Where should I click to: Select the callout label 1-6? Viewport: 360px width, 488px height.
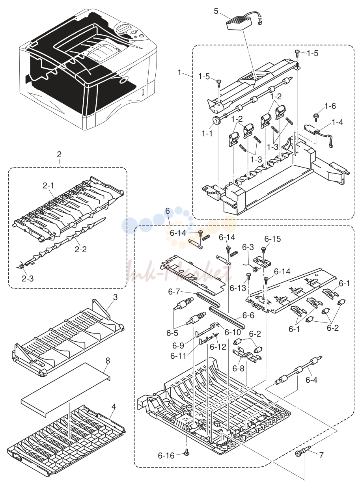pyautogui.click(x=330, y=106)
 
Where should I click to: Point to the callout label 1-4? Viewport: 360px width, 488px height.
pyautogui.click(x=338, y=122)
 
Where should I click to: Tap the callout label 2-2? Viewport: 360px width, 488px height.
pyautogui.click(x=80, y=249)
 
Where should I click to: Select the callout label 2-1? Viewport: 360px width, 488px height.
pyautogui.click(x=48, y=186)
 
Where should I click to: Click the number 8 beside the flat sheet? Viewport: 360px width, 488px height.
pyautogui.click(x=108, y=361)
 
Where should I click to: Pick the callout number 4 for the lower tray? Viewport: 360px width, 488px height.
pyautogui.click(x=113, y=406)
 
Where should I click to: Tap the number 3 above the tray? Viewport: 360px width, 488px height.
pyautogui.click(x=115, y=297)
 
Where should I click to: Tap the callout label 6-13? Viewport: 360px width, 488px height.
pyautogui.click(x=238, y=288)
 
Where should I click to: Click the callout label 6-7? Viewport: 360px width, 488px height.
pyautogui.click(x=174, y=292)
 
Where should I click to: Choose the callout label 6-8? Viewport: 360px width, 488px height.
pyautogui.click(x=239, y=369)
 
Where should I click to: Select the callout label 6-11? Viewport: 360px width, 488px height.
pyautogui.click(x=179, y=356)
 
